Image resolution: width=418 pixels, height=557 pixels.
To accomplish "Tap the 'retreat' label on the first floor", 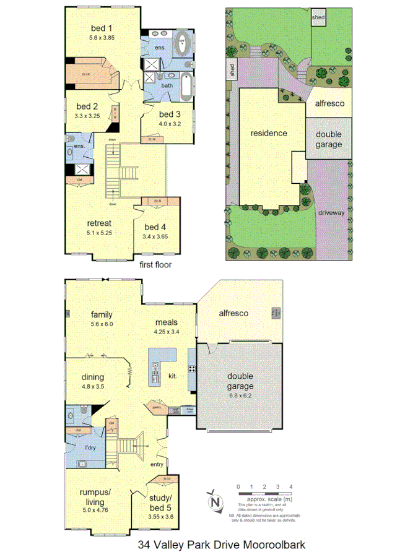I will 98,224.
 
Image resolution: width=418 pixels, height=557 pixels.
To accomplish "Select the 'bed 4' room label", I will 154,227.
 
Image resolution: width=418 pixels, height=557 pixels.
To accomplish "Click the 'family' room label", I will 101,314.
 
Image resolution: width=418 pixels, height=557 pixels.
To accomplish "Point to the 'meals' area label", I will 166,322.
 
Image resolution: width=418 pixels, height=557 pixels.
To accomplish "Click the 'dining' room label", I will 92,377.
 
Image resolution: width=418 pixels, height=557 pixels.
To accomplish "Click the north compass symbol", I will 214,501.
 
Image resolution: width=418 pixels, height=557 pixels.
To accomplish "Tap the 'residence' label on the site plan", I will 269,132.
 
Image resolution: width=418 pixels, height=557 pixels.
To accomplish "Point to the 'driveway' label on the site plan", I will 331,213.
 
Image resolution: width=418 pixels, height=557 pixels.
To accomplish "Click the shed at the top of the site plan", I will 318,17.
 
